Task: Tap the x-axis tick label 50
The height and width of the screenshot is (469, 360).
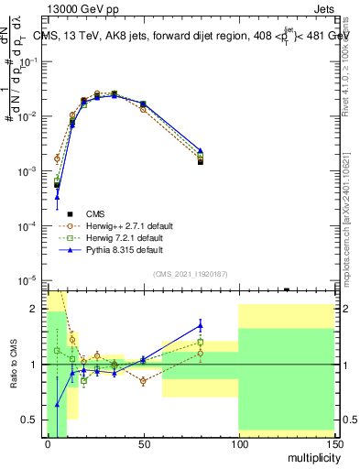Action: tap(142, 444)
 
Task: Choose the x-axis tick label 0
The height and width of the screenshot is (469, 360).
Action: tap(47, 444)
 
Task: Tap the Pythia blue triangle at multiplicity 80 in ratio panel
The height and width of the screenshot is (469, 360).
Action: tap(200, 323)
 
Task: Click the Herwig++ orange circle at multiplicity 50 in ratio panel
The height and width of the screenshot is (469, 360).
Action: tap(142, 381)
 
